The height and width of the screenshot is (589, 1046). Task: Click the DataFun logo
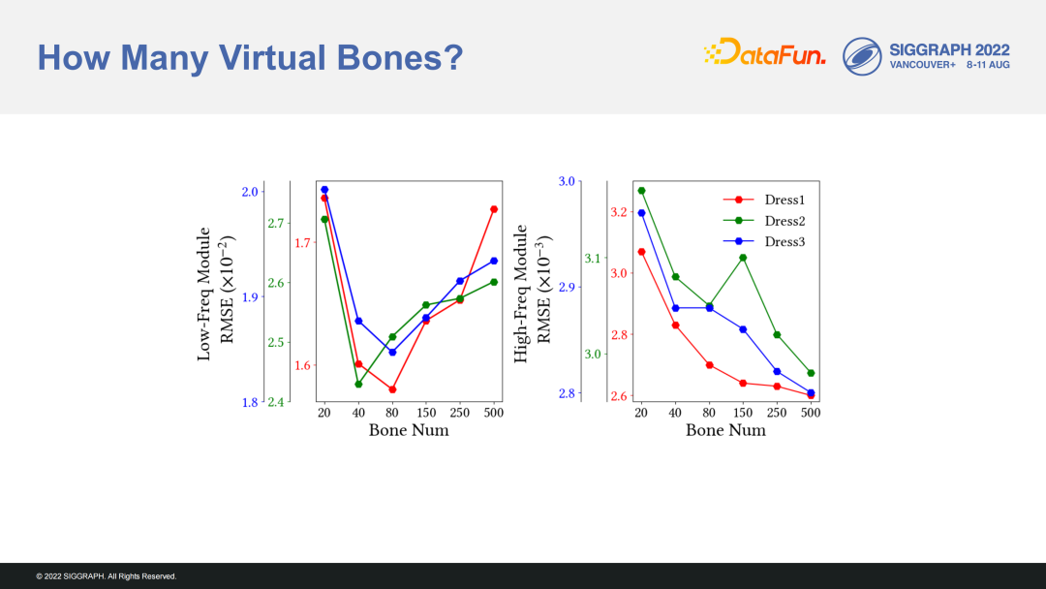coord(764,52)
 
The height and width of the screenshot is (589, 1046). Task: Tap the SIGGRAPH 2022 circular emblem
coord(862,56)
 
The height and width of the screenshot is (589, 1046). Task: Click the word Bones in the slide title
coord(399,57)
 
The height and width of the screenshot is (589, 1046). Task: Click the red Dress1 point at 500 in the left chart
coord(494,209)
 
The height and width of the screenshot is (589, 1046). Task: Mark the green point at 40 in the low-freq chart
coord(358,385)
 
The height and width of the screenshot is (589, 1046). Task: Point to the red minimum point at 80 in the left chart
coord(392,389)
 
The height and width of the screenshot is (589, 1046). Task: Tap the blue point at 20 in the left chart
coord(324,190)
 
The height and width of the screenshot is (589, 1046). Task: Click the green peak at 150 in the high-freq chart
coord(743,258)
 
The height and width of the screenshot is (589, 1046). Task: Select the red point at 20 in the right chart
coord(642,252)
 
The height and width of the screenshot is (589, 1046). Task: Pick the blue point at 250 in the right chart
coord(777,372)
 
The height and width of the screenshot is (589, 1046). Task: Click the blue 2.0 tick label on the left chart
coord(250,192)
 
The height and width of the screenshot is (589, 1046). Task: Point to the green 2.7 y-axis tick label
coord(275,224)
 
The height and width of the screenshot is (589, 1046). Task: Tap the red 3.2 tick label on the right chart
coord(619,212)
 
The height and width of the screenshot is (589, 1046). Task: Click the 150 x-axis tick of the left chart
coord(426,413)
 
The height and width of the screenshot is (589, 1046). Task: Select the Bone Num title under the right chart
coord(725,430)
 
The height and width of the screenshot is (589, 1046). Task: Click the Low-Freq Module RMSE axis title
coord(216,294)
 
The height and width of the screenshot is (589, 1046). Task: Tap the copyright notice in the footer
coord(107,576)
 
